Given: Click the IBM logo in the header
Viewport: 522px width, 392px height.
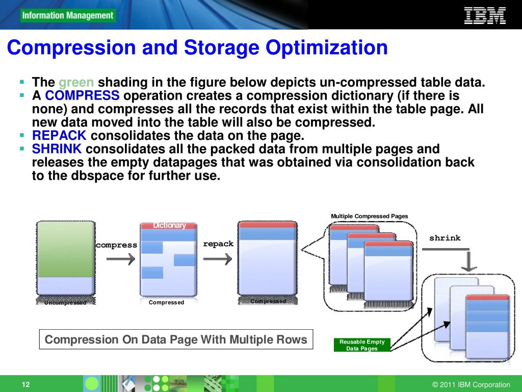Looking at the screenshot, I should (x=485, y=15).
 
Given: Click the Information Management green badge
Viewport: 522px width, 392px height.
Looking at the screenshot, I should (x=68, y=15).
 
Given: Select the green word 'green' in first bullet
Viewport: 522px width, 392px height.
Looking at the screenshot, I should (x=76, y=83).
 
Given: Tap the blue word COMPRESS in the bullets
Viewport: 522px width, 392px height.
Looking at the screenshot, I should (x=82, y=96).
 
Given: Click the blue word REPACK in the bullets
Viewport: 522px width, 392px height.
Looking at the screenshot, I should (x=59, y=136).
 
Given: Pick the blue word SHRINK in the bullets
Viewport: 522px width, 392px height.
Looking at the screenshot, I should (x=57, y=149).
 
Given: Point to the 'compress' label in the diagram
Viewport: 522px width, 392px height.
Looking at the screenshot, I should (x=117, y=245).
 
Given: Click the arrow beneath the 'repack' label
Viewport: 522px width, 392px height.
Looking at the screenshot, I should (x=218, y=259).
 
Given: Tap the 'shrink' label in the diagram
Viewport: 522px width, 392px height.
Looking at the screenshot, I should (x=445, y=238).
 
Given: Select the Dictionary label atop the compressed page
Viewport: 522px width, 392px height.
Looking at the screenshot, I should (x=169, y=226).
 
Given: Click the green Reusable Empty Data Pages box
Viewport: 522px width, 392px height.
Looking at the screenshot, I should (x=362, y=345).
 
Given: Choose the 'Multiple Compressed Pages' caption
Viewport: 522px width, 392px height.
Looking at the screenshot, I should (x=370, y=216).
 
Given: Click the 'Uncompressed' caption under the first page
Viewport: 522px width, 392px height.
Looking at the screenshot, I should (x=65, y=303).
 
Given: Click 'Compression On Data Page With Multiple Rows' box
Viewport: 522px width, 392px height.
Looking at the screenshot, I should (x=176, y=339).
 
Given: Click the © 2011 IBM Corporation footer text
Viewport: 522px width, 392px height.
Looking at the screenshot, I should (x=471, y=385).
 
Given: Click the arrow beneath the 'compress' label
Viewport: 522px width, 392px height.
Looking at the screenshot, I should (x=121, y=259).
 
